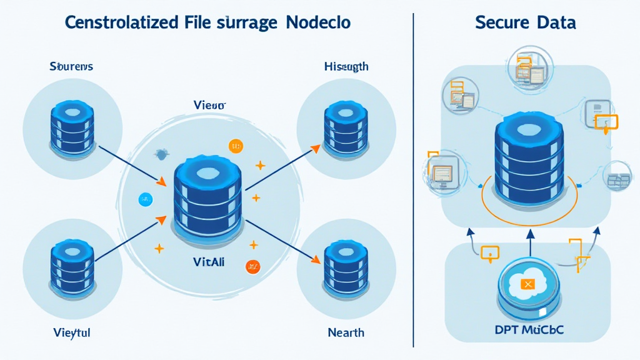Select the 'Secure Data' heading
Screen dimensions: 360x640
pyautogui.click(x=525, y=23)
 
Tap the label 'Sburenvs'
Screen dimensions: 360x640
pyautogui.click(x=71, y=66)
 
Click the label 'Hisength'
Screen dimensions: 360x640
pyautogui.click(x=346, y=66)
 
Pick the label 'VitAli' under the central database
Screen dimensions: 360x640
pyautogui.click(x=209, y=263)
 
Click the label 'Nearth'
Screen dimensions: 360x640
pyautogui.click(x=346, y=332)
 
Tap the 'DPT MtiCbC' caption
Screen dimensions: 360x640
pyautogui.click(x=528, y=329)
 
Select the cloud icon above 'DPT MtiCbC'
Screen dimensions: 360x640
pyautogui.click(x=528, y=286)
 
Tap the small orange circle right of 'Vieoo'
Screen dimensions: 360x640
pyautogui.click(x=236, y=146)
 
